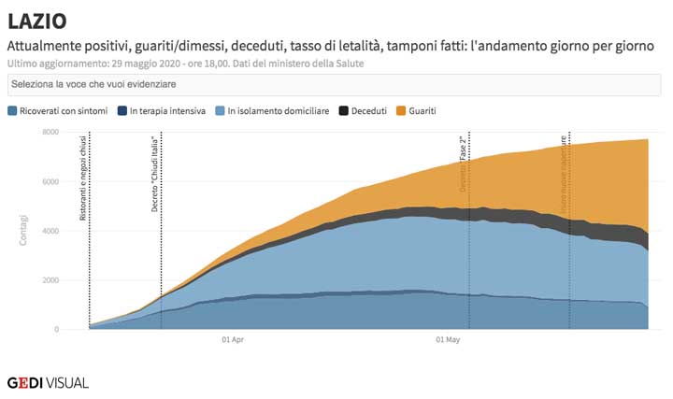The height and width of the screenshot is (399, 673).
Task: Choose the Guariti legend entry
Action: click(422, 111)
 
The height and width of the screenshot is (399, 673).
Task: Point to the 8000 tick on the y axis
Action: click(50, 132)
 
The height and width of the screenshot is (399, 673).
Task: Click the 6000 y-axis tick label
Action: click(50, 181)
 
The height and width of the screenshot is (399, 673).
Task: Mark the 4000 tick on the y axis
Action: click(50, 231)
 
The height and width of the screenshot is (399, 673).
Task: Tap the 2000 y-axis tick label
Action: click(50, 280)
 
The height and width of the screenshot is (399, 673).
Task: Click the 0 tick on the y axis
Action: click(57, 330)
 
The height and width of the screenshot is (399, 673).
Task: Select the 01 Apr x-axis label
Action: click(234, 340)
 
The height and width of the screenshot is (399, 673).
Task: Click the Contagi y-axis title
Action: click(23, 231)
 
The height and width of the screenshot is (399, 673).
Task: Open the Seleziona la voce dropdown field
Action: click(335, 85)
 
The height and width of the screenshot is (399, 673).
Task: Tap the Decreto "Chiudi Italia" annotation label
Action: click(155, 174)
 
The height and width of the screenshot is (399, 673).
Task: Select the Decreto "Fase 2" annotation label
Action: click(463, 164)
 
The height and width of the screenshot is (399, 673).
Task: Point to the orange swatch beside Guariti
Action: click(402, 111)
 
